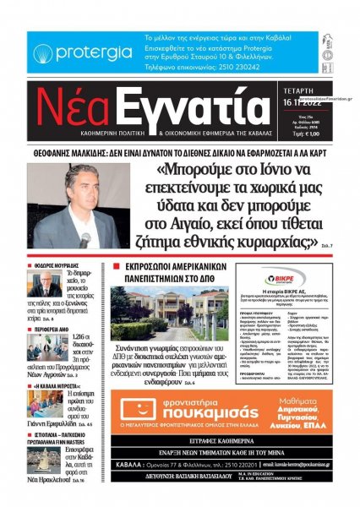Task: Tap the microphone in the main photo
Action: click(86, 238)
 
